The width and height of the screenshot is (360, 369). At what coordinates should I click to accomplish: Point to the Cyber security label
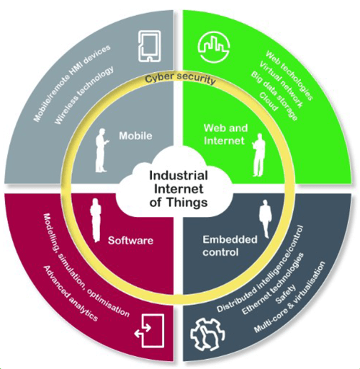pyautogui.click(x=180, y=80)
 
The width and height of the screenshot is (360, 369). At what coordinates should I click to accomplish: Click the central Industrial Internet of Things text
pyautogui.click(x=179, y=188)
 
